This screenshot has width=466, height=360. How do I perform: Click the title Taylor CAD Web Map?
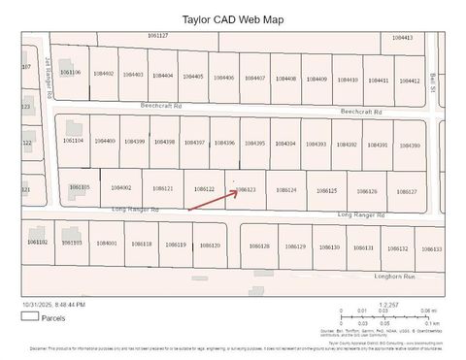pos(233,17)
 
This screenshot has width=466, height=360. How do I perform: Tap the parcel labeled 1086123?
pos(247,190)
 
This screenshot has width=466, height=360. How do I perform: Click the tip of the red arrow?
pos(239,190)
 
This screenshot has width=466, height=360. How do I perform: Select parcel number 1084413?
pos(402,37)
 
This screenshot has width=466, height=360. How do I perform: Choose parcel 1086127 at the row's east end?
pos(407,192)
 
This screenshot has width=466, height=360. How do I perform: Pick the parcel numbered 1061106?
pos(71,72)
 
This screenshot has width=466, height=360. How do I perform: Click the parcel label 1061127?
pos(158,35)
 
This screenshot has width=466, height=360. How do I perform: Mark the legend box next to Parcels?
pos(29,316)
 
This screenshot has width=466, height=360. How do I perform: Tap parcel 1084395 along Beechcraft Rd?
pos(254,144)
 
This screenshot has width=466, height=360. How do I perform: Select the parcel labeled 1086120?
pos(210,245)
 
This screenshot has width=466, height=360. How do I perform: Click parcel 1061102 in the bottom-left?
pos(38,241)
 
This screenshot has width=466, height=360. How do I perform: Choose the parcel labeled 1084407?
pos(255,78)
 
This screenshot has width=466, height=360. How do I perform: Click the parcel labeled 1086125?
pos(327,191)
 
